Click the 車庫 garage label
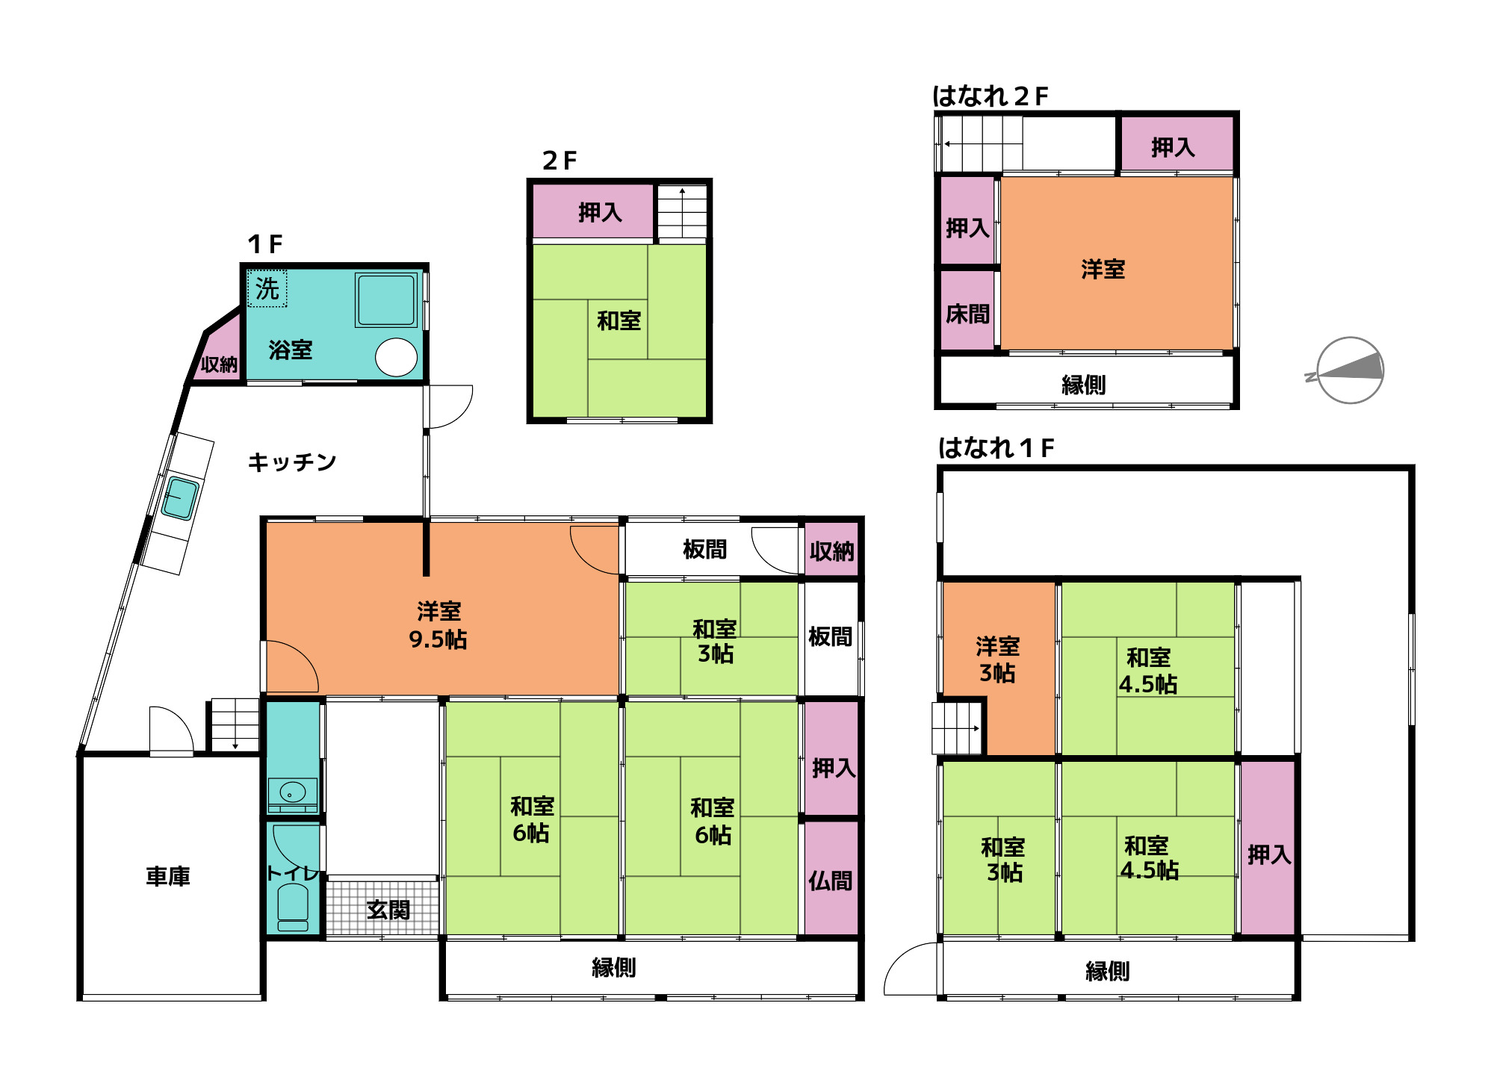click(x=168, y=876)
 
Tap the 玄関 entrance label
click(x=388, y=910)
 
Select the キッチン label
click(x=292, y=462)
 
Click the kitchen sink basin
click(x=180, y=498)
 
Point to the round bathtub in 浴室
click(x=397, y=357)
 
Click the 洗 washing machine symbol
click(x=267, y=288)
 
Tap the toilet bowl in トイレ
click(x=293, y=907)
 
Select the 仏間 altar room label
click(x=831, y=881)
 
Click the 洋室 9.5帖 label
click(x=438, y=625)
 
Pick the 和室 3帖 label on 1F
click(x=715, y=641)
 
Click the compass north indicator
click(x=1350, y=370)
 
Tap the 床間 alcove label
click(x=968, y=314)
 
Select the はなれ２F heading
click(x=991, y=96)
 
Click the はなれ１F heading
click(x=996, y=448)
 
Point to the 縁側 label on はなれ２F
click(x=1084, y=385)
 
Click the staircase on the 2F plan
click(x=682, y=212)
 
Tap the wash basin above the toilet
click(x=293, y=794)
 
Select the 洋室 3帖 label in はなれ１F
click(x=998, y=660)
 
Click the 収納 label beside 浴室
click(x=219, y=364)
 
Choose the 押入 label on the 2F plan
click(x=601, y=213)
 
